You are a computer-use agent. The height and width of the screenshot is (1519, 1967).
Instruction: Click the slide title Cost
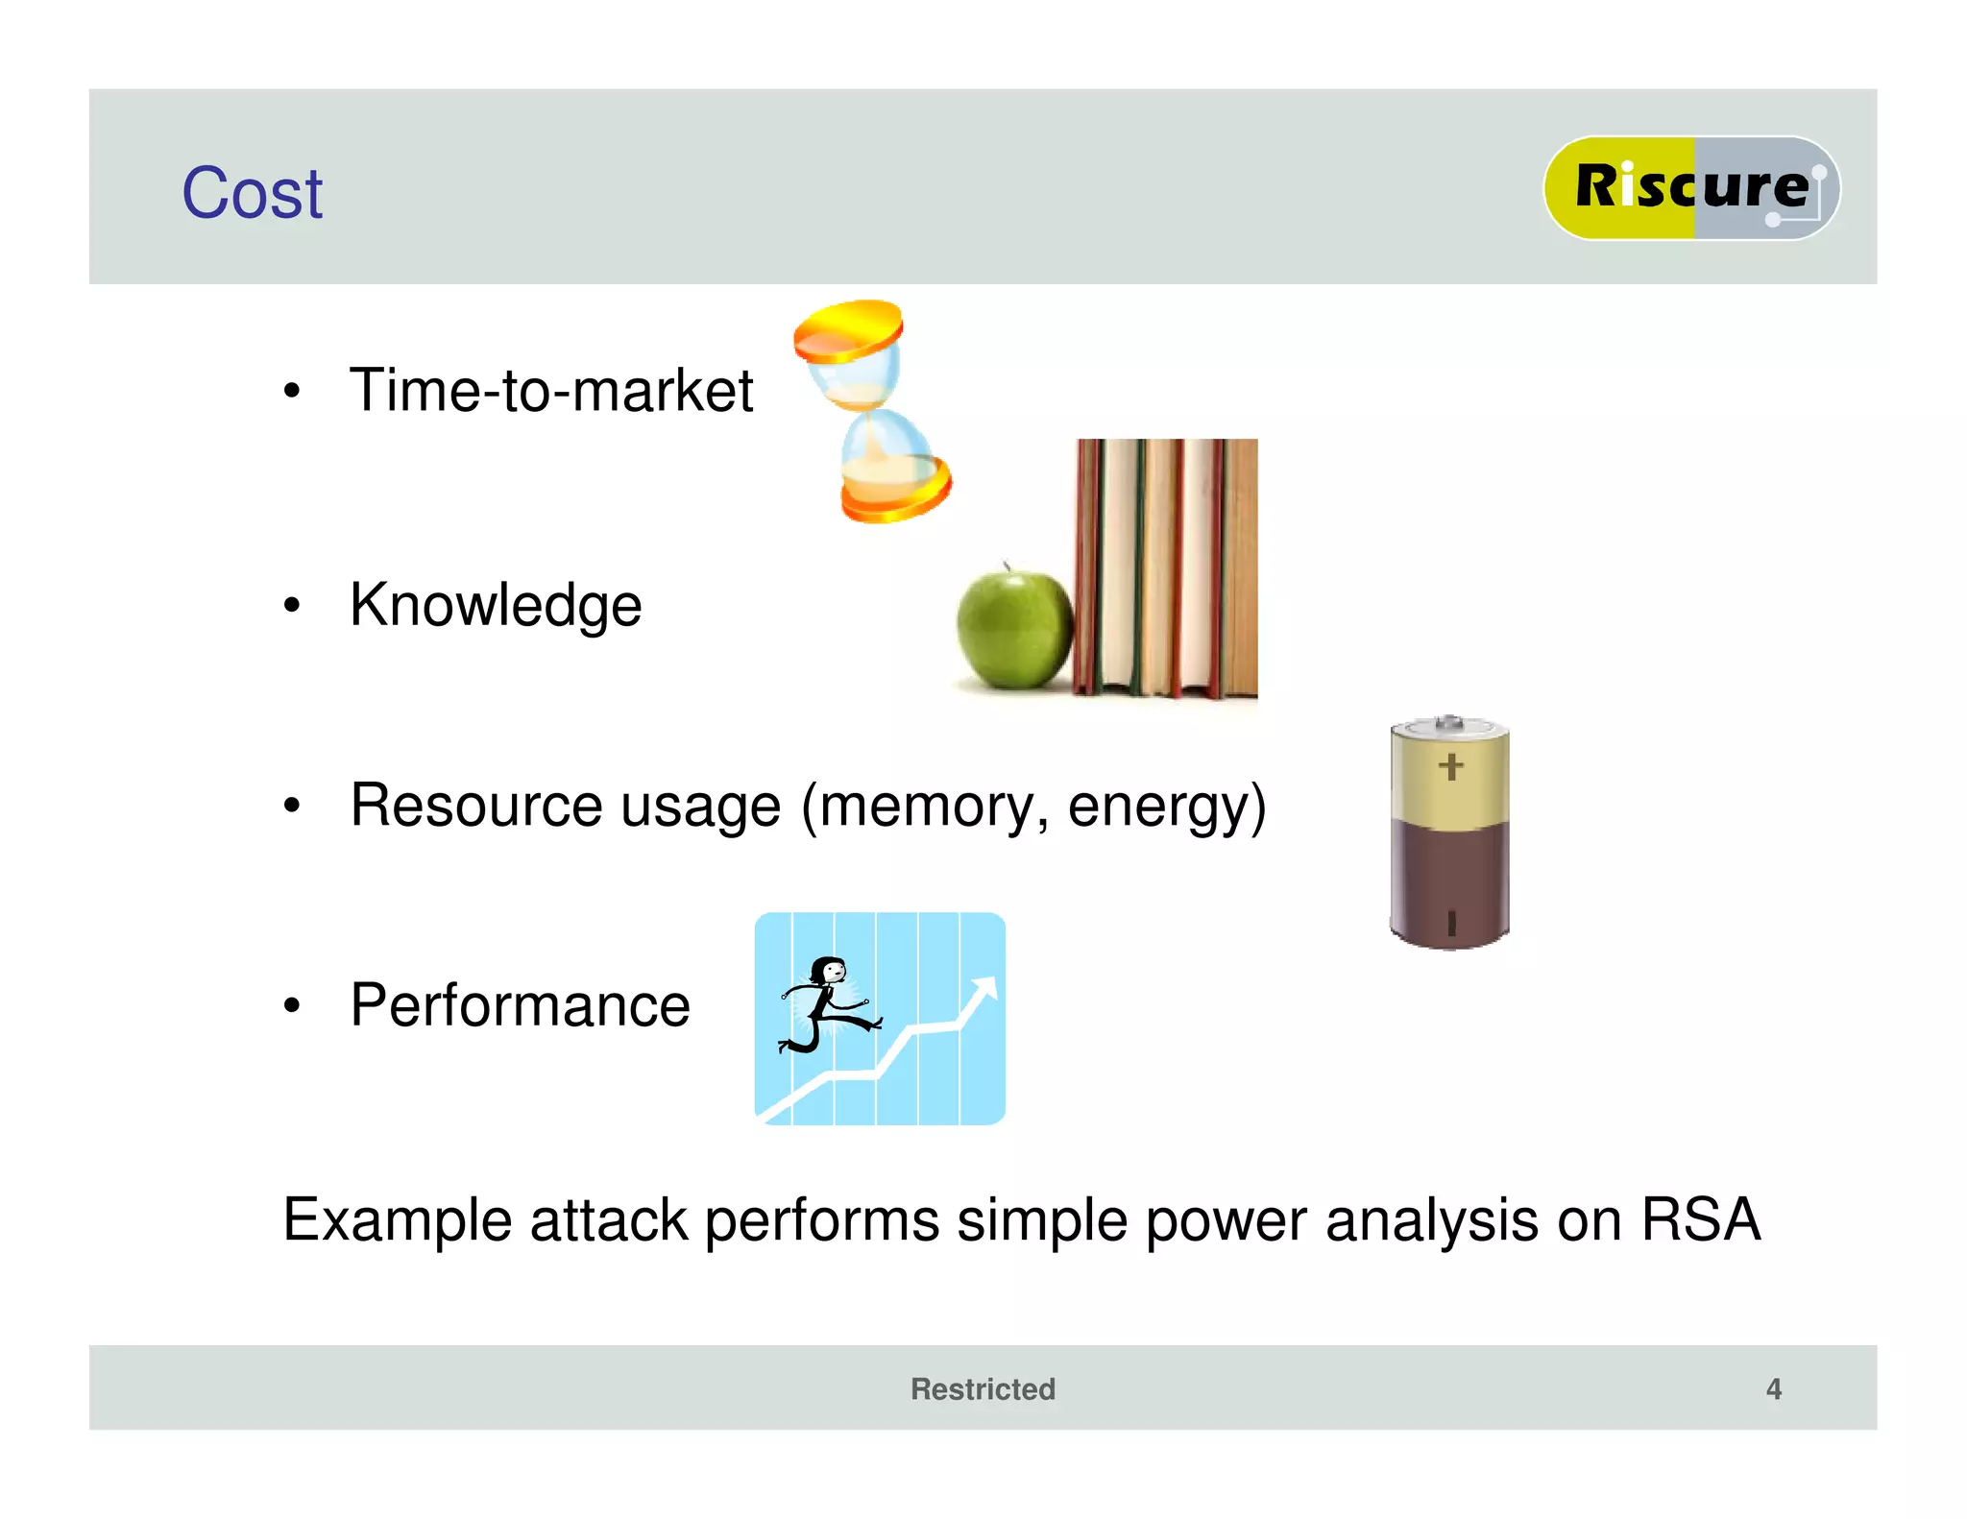[252, 193]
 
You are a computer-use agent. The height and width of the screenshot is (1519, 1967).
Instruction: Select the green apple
[1014, 629]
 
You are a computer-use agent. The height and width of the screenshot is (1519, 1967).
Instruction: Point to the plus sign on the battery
[1450, 766]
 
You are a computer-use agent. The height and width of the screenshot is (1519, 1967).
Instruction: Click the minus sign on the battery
[1451, 923]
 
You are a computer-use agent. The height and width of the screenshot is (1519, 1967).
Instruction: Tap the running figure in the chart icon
[828, 1003]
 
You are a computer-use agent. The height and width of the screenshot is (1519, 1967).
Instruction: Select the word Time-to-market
[551, 391]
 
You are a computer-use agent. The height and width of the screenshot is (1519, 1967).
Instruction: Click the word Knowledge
[496, 606]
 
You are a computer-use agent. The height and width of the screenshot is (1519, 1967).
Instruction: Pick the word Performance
[520, 1005]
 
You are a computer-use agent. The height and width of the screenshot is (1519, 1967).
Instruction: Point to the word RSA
[1700, 1219]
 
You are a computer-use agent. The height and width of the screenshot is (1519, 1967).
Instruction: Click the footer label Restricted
[983, 1388]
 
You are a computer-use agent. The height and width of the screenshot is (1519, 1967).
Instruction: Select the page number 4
[1773, 1388]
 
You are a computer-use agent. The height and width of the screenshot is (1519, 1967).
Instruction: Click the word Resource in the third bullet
[474, 806]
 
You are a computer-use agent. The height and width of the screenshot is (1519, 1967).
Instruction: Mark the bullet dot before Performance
[292, 1006]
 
